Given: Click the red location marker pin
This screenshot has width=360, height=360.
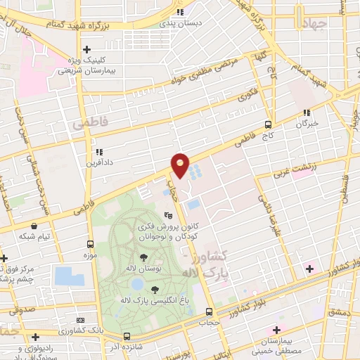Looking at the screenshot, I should click(181, 165).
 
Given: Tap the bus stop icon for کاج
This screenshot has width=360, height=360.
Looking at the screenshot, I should click(277, 122).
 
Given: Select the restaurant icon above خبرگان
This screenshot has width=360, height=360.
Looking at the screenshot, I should click(306, 112).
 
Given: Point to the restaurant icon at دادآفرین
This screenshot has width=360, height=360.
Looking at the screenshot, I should click(99, 151).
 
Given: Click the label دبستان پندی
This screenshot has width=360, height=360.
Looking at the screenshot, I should click(181, 22).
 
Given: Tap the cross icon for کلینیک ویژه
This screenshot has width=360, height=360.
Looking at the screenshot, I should click(86, 49).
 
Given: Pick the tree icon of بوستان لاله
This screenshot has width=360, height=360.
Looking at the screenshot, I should click(143, 258).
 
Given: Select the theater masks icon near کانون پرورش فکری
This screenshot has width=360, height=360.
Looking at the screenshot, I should click(168, 215).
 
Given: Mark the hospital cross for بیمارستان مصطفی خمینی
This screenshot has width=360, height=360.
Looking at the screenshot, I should click(276, 330).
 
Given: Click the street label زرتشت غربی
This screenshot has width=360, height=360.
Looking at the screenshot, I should click(314, 165).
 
